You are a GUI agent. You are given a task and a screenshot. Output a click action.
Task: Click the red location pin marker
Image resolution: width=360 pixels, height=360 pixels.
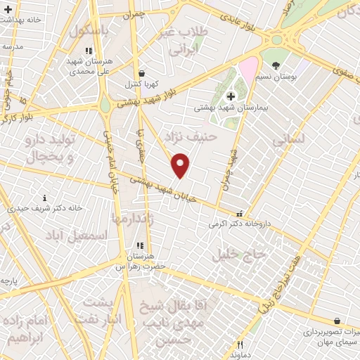point(181,165)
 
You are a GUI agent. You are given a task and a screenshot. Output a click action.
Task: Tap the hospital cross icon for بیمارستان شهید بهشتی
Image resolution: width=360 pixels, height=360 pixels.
point(230,96)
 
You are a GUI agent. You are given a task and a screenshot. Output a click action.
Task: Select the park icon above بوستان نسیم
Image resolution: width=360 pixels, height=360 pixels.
point(276,65)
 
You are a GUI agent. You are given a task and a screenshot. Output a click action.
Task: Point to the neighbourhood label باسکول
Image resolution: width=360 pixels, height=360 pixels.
point(90,32)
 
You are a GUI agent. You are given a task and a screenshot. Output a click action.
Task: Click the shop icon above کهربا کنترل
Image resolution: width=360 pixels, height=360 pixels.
point(142,73)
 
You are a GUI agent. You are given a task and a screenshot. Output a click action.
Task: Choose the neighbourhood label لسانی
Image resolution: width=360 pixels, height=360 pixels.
point(288,139)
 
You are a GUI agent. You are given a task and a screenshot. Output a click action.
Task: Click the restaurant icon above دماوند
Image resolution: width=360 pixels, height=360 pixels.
point(240,345)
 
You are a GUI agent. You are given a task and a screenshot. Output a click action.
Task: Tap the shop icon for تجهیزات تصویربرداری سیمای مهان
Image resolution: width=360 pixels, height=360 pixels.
point(337,321)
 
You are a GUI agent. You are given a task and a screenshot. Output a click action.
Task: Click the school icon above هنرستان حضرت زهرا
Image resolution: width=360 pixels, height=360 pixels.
point(139,245)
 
